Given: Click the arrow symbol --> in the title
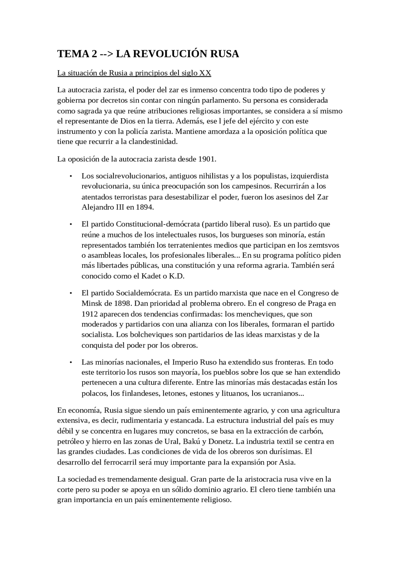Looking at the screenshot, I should click(106, 54).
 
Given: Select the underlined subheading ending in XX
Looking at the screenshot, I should click(134, 73).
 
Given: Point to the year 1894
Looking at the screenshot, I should click(145, 207).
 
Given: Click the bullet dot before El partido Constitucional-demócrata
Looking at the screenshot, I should click(71, 224).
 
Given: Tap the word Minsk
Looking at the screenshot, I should click(90, 303).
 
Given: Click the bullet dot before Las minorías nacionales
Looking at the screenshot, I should click(71, 362).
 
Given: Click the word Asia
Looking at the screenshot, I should click(287, 462).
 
